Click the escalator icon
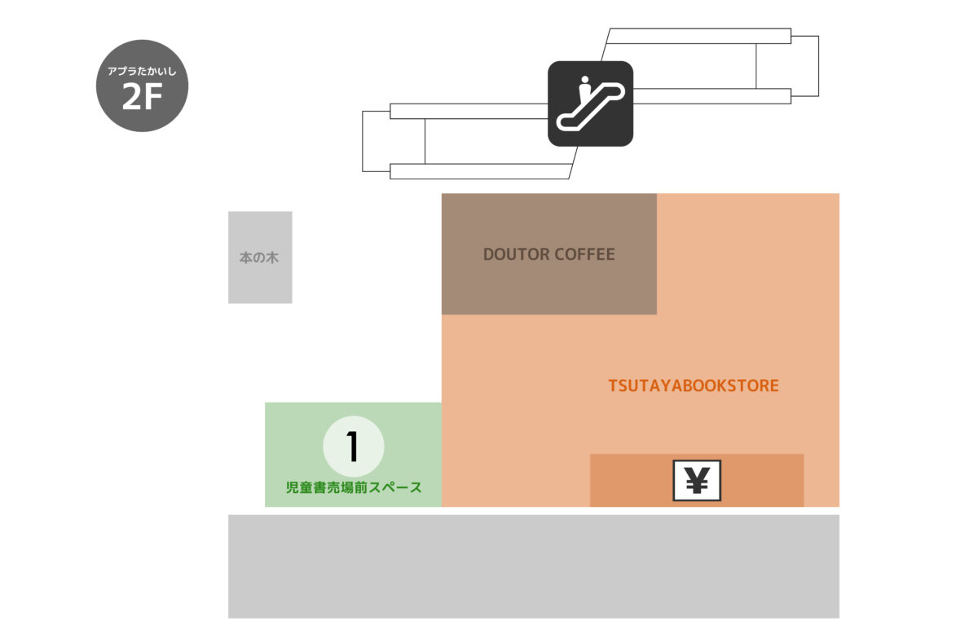click(x=590, y=104)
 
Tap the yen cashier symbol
click(x=697, y=481)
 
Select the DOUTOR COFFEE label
click(x=548, y=254)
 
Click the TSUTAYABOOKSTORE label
click(x=694, y=386)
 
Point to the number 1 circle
click(x=353, y=446)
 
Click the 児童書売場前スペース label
click(x=353, y=488)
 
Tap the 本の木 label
click(x=259, y=258)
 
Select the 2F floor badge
click(x=143, y=86)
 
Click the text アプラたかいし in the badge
click(x=143, y=72)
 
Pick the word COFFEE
click(x=584, y=254)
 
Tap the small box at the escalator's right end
click(x=804, y=66)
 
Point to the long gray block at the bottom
click(x=533, y=566)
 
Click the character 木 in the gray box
click(x=272, y=258)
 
